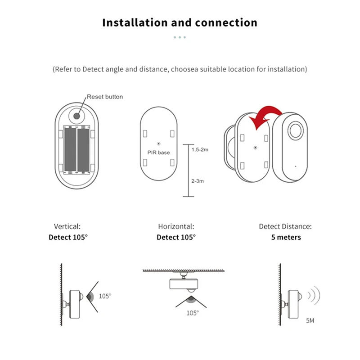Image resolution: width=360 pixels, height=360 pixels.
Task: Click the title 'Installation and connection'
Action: tap(180, 22)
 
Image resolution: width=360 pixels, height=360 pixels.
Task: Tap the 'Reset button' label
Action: tap(104, 97)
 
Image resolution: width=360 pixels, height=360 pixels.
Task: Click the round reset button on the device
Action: tap(76, 115)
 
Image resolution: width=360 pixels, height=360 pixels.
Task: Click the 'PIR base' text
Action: tap(159, 153)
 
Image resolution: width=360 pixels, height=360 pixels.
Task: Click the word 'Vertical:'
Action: tap(67, 227)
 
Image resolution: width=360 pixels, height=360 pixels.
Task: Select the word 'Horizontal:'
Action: tap(176, 227)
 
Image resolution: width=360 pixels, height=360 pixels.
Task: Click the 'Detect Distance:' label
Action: tap(285, 227)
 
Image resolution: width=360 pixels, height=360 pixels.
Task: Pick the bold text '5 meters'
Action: tap(286, 237)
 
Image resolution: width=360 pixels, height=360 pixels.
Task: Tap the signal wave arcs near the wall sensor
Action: tap(314, 296)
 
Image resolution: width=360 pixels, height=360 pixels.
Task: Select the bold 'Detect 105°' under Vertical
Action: tap(68, 237)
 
